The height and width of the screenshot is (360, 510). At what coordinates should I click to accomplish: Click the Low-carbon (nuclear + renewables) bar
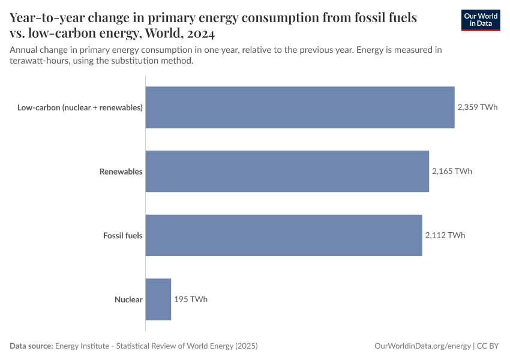pyautogui.click(x=300, y=107)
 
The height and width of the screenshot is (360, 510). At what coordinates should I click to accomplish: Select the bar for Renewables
pyautogui.click(x=287, y=171)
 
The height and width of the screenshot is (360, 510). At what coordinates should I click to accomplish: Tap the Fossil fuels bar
pyautogui.click(x=283, y=235)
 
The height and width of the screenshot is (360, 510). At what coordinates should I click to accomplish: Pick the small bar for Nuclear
pyautogui.click(x=158, y=299)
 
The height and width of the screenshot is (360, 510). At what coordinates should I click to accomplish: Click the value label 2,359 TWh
pyautogui.click(x=477, y=107)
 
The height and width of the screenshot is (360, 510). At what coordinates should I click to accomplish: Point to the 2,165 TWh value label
pyautogui.click(x=452, y=171)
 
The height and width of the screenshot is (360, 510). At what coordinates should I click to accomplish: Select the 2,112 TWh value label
pyautogui.click(x=445, y=235)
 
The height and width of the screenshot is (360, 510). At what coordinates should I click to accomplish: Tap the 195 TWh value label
pyautogui.click(x=191, y=299)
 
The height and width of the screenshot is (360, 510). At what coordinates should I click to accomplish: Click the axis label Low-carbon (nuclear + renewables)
pyautogui.click(x=80, y=107)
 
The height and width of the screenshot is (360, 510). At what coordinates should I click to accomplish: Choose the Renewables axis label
pyautogui.click(x=121, y=172)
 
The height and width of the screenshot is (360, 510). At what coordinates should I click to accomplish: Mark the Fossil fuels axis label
pyautogui.click(x=122, y=235)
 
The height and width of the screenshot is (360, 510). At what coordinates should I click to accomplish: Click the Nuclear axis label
pyautogui.click(x=128, y=299)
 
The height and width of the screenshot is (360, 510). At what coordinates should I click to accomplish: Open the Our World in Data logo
pyautogui.click(x=481, y=20)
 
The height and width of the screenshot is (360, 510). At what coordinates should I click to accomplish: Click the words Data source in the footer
pyautogui.click(x=31, y=346)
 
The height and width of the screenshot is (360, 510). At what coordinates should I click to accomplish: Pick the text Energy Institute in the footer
pyautogui.click(x=84, y=346)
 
